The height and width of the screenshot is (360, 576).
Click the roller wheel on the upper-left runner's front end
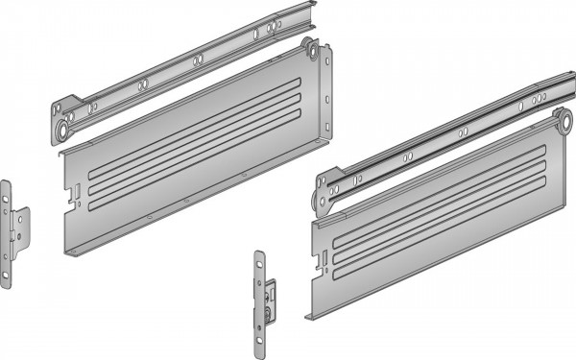69,123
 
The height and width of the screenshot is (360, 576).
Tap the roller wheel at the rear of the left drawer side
309,47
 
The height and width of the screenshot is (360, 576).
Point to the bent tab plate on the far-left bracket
21,227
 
